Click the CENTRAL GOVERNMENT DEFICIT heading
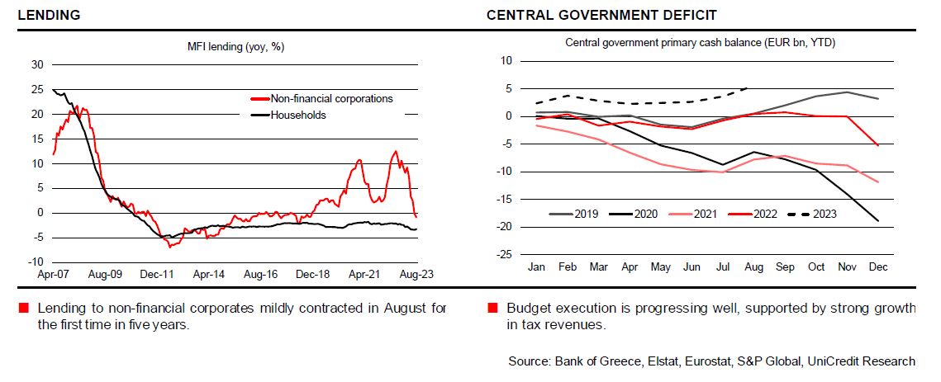point(601,15)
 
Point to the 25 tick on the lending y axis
point(36,89)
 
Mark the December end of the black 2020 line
point(877,220)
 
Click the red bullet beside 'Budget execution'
point(492,309)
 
